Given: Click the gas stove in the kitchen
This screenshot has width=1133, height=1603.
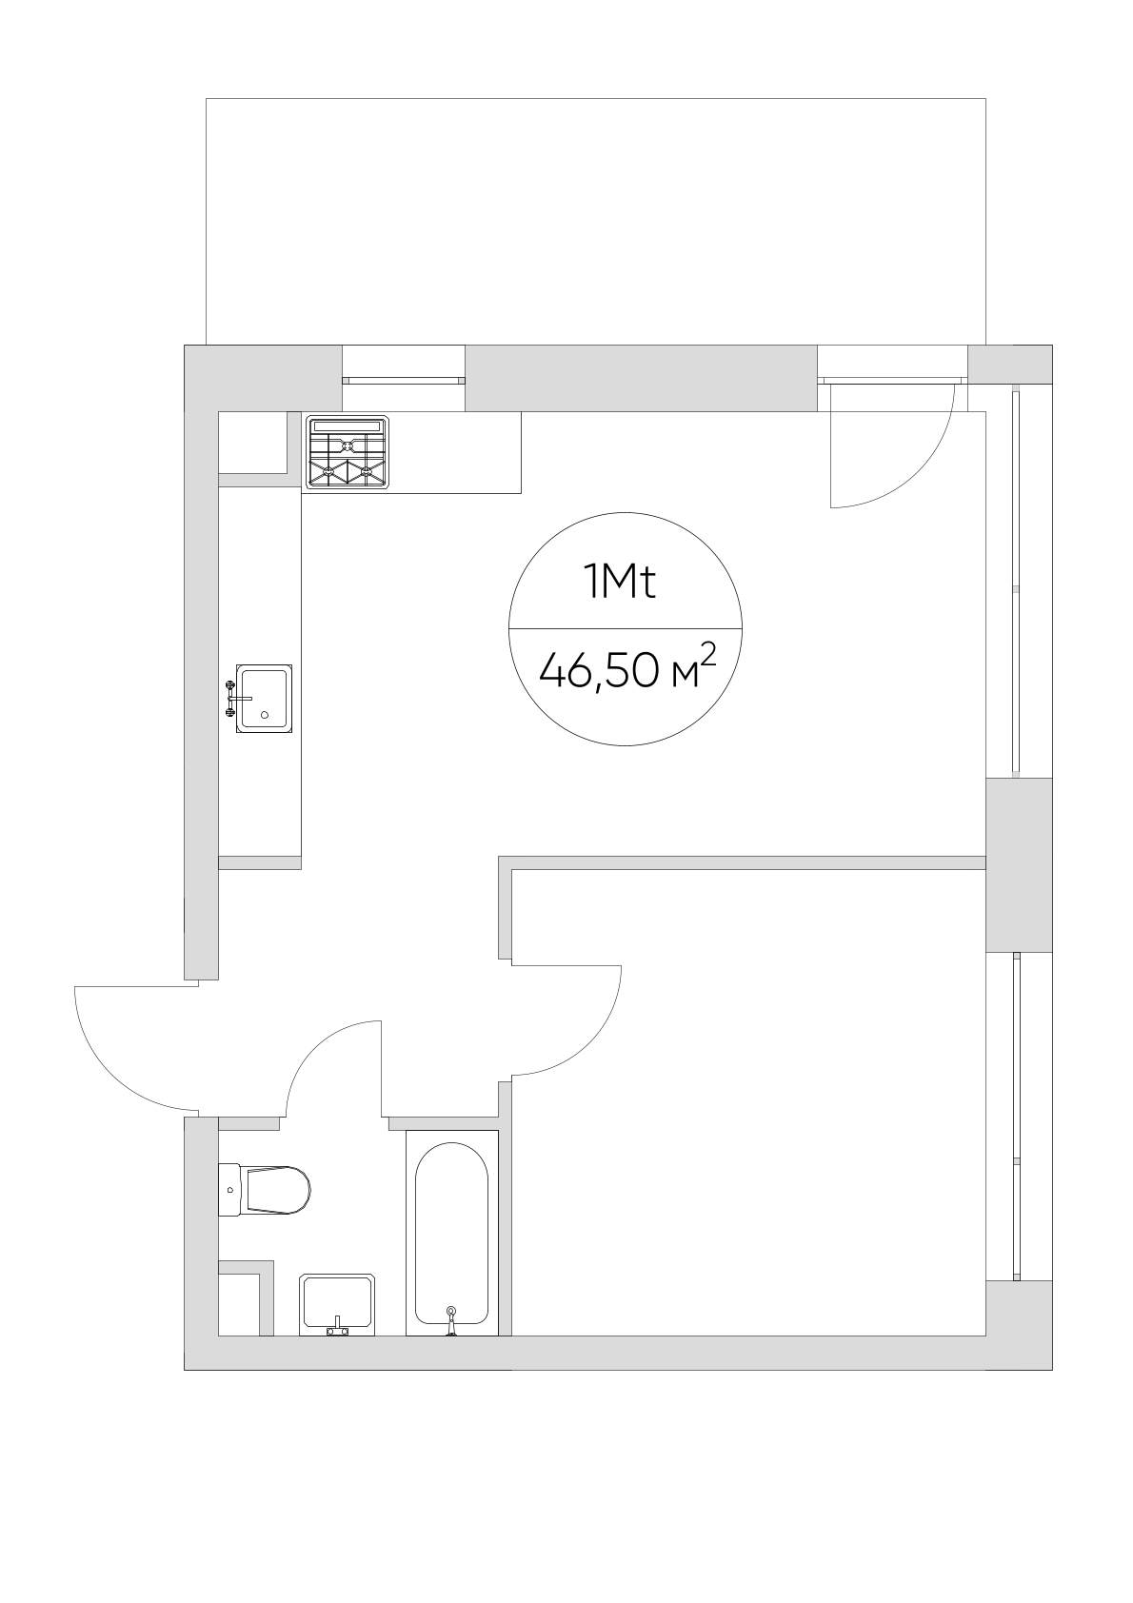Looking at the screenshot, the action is point(348,452).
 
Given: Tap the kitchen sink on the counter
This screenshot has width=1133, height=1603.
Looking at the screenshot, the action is point(264,699).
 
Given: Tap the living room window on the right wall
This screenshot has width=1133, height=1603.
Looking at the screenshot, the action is point(1016,582).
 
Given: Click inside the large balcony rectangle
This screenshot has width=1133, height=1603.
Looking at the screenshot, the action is point(595,222).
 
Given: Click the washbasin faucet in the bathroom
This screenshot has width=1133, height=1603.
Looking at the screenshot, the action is point(337,1328).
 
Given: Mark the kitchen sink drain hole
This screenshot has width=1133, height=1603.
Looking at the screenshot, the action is point(265,714).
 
